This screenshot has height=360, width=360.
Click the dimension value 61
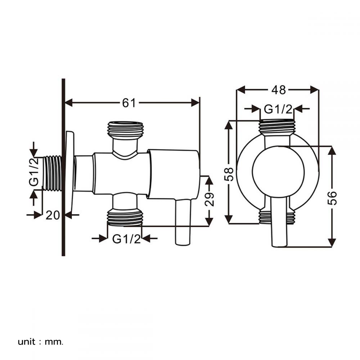(129, 103)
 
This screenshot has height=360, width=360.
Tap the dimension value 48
(278, 90)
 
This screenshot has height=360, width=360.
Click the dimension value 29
(210, 199)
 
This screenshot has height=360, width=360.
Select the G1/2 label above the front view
(278, 108)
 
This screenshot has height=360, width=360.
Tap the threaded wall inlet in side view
(53, 173)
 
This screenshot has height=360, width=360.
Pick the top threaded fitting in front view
(277, 127)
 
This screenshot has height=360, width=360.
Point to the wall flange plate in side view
(70, 173)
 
